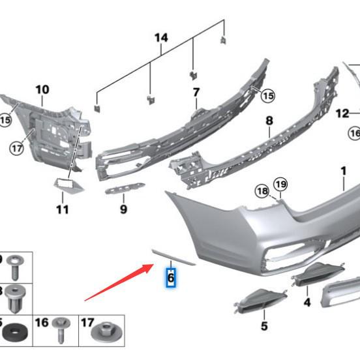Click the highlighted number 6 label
(171, 278)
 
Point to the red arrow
(119, 282)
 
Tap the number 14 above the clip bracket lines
(161, 38)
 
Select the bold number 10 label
(42, 89)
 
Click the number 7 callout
(196, 93)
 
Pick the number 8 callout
(269, 121)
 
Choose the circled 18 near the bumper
(263, 191)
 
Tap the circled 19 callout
(280, 185)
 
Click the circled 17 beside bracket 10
(17, 149)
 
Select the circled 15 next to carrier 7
(268, 96)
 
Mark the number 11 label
(62, 209)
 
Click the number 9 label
(123, 209)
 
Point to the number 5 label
(264, 326)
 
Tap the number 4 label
(307, 303)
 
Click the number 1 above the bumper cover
(344, 171)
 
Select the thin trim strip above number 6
(173, 258)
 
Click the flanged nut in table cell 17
(106, 331)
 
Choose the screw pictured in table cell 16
(61, 330)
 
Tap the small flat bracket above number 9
(125, 188)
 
